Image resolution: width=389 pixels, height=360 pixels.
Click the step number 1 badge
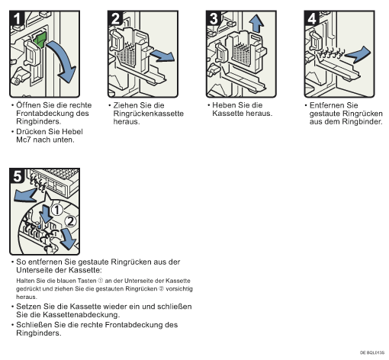tap(17, 18)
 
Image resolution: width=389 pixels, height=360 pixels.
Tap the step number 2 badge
tap(115, 18)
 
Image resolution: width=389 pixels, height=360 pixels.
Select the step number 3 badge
tap(214, 18)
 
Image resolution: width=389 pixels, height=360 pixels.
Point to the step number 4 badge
tap(312, 18)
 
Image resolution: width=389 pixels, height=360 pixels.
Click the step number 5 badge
tap(17, 175)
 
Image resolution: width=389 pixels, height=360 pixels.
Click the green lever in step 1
tap(40, 39)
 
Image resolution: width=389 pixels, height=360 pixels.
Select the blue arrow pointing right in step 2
tap(162, 56)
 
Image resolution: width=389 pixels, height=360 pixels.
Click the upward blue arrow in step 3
tap(256, 24)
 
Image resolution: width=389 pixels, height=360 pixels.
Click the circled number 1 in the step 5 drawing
tap(57, 210)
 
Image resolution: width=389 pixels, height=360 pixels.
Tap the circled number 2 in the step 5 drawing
tap(70, 221)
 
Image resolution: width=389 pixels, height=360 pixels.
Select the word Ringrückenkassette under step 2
tap(149, 114)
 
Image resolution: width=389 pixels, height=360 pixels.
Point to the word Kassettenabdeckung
tap(81, 315)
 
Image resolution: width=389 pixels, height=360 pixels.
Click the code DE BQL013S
tap(372, 352)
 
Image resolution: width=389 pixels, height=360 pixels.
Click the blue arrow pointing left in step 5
tap(25, 195)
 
